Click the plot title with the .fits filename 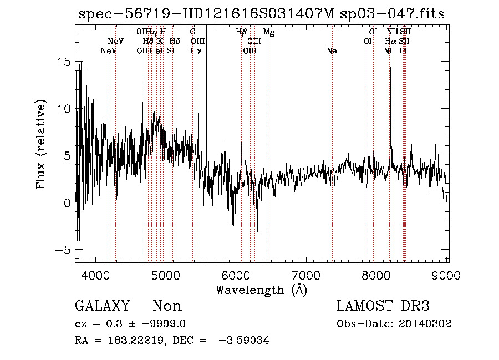pos(261,14)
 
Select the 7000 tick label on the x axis pos(306,275)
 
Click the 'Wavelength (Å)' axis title pos(261,290)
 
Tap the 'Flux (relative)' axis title pos(41,144)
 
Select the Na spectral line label pos(332,51)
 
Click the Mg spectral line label pos(269,32)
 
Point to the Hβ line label pos(241,32)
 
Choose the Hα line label pos(391,41)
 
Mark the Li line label pos(404,51)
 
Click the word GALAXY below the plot pos(103,306)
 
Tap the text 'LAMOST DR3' pos(383,306)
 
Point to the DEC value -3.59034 pos(246,341)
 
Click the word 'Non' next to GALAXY pos(167,306)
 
